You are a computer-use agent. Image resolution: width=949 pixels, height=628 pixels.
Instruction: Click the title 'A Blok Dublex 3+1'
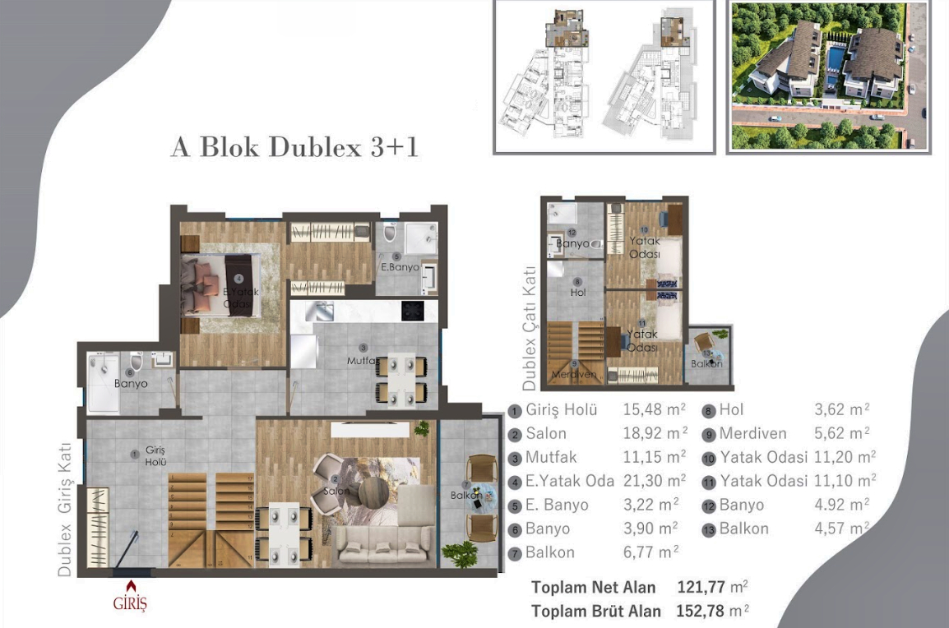pyautogui.click(x=294, y=147)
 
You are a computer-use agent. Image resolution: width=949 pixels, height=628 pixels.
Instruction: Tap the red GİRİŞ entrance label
pyautogui.click(x=130, y=604)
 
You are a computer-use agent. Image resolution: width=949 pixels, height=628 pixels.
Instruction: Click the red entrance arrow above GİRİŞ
pyautogui.click(x=130, y=585)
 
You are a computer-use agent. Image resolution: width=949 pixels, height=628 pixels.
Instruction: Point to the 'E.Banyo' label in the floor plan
pyautogui.click(x=400, y=267)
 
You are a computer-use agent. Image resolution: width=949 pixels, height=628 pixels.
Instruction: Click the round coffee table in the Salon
pyautogui.click(x=374, y=491)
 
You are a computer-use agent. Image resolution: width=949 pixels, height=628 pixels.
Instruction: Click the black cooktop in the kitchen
pyautogui.click(x=413, y=311)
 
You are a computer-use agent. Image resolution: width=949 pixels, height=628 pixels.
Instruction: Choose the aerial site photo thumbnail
pyautogui.click(x=829, y=76)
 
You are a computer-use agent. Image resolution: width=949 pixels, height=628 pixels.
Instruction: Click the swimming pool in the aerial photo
pyautogui.click(x=836, y=59)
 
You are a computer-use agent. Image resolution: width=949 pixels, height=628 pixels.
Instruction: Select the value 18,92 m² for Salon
pyautogui.click(x=655, y=434)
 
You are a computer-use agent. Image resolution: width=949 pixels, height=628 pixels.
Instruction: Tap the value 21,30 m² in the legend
pyautogui.click(x=655, y=481)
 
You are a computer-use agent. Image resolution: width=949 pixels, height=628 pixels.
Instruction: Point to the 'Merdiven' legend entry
pyautogui.click(x=752, y=434)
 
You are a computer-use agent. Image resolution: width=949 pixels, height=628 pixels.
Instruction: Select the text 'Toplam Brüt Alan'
pyautogui.click(x=595, y=612)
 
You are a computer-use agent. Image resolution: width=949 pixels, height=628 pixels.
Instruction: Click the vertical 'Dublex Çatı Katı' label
pyautogui.click(x=530, y=328)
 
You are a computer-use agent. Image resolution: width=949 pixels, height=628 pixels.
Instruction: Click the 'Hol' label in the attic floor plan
pyautogui.click(x=577, y=292)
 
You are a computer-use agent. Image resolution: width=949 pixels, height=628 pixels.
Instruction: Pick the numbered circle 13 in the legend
pyautogui.click(x=708, y=529)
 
